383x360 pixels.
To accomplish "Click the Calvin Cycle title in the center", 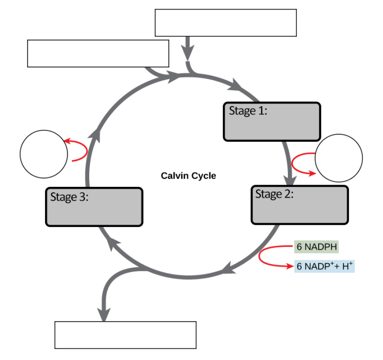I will [188, 176].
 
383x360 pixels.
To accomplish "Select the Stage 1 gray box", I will [271, 122].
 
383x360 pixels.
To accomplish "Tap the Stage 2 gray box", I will [300, 205].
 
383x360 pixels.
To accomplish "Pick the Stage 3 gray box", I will [94, 207].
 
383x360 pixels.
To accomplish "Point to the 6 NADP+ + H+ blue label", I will [325, 266].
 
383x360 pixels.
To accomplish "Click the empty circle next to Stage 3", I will [44, 154].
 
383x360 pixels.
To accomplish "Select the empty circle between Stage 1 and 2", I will [338, 158].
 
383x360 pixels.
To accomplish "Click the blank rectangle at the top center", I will [225, 23].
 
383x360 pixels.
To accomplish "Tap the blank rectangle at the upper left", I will [98, 54].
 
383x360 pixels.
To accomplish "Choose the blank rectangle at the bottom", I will [125, 335].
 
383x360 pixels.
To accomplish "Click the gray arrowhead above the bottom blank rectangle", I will [104, 314].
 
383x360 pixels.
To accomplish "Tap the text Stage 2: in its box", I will [274, 194].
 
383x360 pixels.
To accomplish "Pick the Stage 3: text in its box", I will [69, 197].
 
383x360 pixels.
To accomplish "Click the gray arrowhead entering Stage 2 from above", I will [290, 181].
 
